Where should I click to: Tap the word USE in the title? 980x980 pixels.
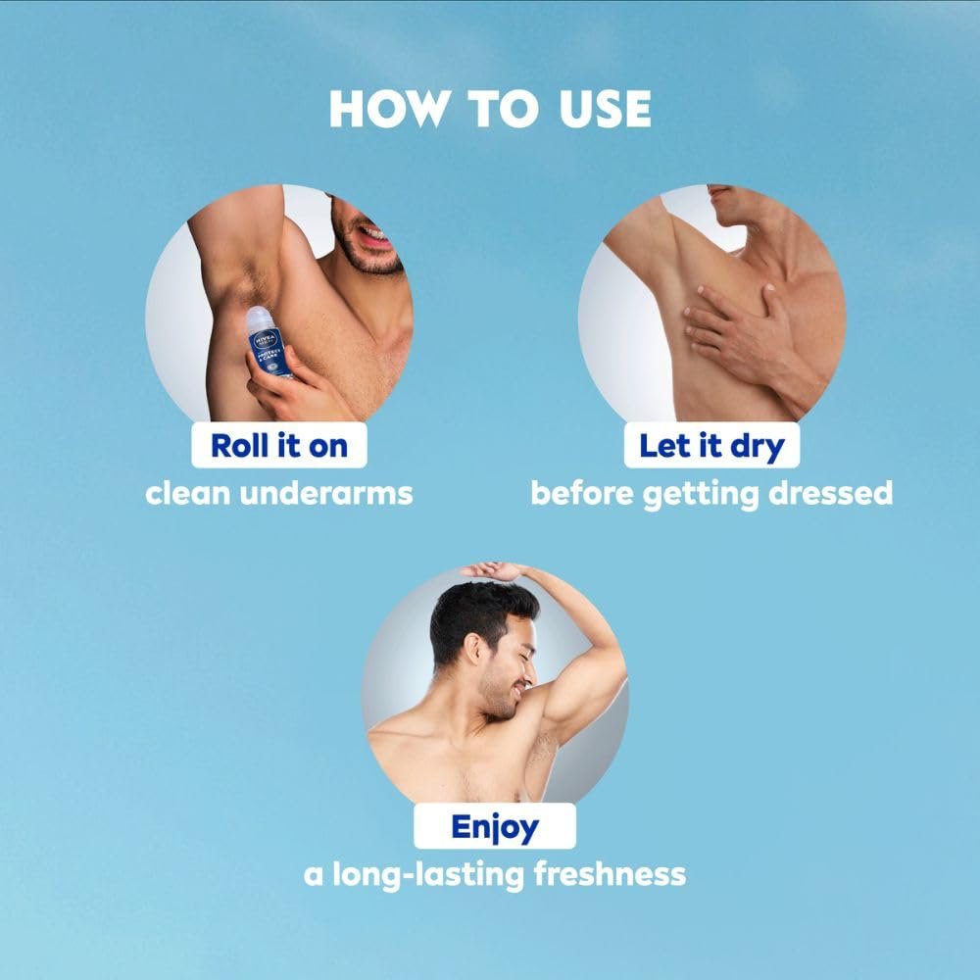point(605,109)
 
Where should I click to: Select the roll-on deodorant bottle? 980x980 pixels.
point(269,342)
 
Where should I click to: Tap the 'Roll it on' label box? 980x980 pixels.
point(278,445)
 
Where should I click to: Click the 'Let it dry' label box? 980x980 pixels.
point(711,445)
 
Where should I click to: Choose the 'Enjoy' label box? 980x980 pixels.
point(495,825)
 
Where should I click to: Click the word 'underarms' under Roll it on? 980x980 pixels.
point(326,493)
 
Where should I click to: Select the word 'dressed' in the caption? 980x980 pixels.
point(831,493)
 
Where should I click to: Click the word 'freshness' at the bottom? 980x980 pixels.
point(610,874)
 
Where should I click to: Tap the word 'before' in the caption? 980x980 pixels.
point(582,493)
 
